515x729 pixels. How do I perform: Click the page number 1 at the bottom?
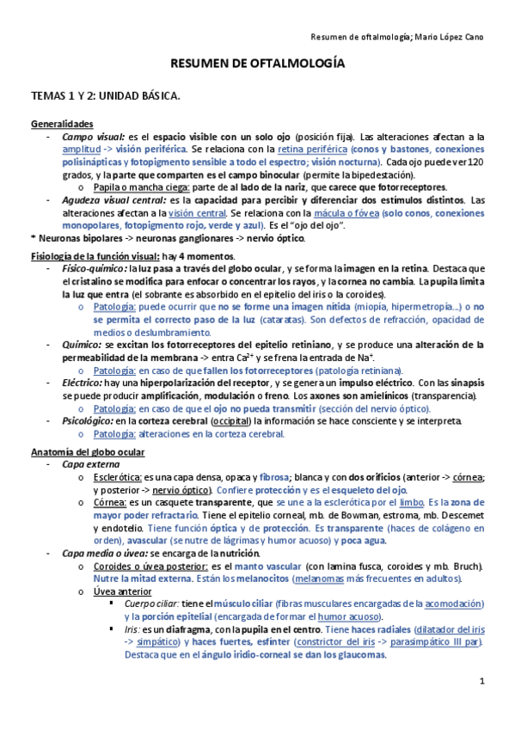(483, 681)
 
